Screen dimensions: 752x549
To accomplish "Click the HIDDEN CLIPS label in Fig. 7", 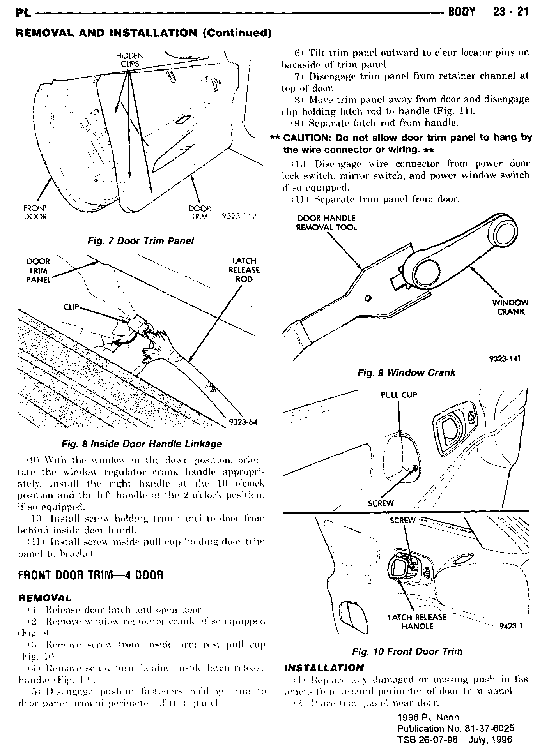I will (x=130, y=60).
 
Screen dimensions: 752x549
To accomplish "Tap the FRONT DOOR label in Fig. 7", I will (x=35, y=213).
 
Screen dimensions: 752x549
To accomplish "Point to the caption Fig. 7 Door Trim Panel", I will (x=141, y=241).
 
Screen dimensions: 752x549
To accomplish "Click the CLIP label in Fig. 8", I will (x=71, y=307).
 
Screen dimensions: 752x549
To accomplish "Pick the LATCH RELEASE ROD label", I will (x=244, y=270).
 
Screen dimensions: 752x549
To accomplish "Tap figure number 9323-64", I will (x=243, y=422).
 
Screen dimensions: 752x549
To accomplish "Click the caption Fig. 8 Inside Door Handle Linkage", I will (x=142, y=444).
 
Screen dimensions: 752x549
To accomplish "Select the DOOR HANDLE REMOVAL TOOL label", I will (x=326, y=223).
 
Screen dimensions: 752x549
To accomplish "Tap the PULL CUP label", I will (x=398, y=395).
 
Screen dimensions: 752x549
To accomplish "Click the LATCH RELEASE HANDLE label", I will (x=417, y=622).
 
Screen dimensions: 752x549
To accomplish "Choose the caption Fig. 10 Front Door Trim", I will (x=407, y=651).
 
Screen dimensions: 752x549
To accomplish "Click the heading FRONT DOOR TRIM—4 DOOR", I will (x=90, y=575).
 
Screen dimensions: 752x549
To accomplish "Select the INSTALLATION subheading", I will (x=324, y=668).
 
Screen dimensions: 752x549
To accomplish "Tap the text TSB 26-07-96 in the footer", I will (x=427, y=740).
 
